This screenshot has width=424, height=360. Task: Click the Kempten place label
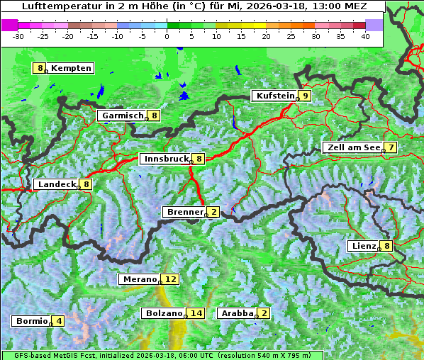(x=71, y=68)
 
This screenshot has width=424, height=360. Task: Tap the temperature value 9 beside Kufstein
(x=305, y=96)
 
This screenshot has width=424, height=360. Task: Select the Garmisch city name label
(x=123, y=116)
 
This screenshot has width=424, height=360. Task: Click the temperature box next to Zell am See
(x=390, y=147)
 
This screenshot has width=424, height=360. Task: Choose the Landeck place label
(x=57, y=184)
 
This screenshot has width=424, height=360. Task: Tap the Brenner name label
(x=184, y=212)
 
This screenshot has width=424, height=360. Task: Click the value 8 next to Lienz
(x=386, y=246)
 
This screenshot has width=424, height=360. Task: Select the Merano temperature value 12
(x=169, y=279)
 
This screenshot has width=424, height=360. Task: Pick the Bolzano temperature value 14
(x=196, y=313)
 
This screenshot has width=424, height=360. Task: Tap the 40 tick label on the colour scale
(x=365, y=35)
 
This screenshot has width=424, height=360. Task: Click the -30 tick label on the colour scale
(x=18, y=35)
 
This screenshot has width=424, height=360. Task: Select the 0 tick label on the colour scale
(x=167, y=35)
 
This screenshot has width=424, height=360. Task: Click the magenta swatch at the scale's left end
(x=9, y=24)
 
